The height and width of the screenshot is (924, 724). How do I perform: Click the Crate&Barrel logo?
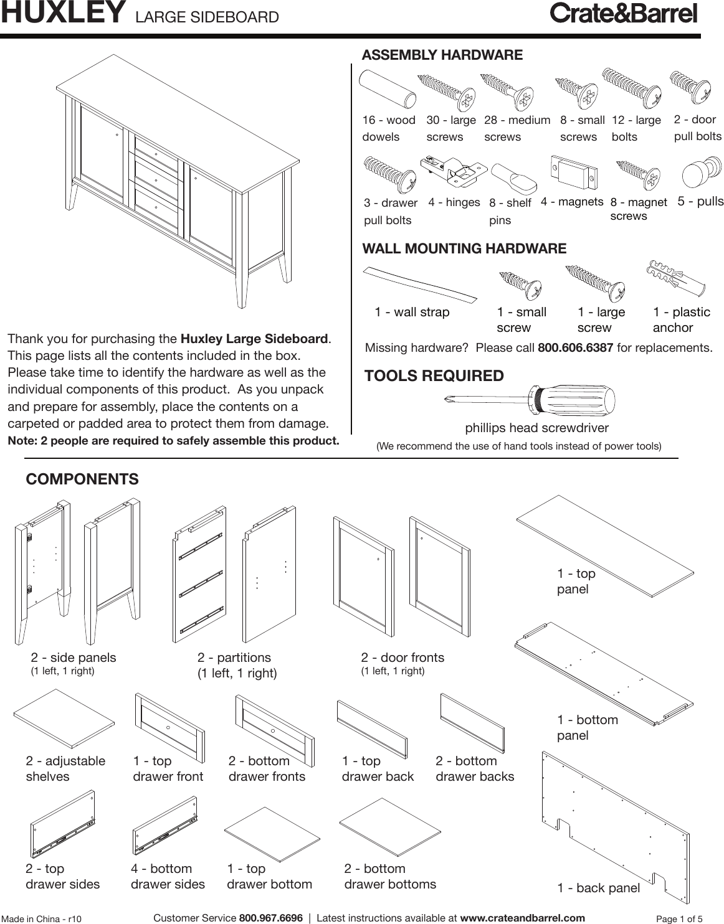622,14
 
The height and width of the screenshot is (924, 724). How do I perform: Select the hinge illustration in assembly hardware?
454,171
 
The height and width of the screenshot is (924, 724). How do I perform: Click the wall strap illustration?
420,283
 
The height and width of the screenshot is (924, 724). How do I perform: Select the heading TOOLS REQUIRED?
434,376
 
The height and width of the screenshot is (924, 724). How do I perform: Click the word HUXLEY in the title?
60,14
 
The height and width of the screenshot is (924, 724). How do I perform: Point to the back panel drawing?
617,821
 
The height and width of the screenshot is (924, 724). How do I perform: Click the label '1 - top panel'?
576,581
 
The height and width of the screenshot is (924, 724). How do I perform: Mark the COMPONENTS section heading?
82,479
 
